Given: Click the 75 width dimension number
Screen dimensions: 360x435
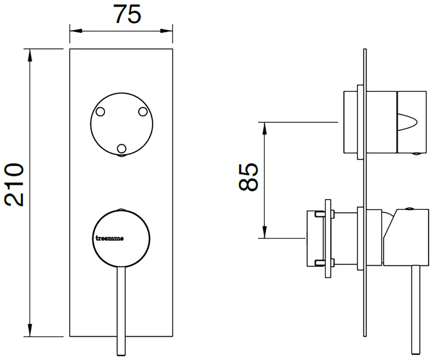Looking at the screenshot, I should point(128,14).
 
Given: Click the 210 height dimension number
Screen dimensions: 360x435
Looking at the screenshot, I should point(14,185).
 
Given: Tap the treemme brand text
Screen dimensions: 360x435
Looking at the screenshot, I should point(109,238).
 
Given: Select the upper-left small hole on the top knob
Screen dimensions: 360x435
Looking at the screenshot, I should point(100,112).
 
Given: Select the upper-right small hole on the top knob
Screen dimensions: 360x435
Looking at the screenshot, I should point(143,112).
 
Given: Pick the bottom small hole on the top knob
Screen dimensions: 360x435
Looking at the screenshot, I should point(122,149).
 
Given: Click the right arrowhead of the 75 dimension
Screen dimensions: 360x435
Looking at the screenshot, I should point(166,31).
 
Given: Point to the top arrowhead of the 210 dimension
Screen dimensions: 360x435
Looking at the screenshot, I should point(30,55).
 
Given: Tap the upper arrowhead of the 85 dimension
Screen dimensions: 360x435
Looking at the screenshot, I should point(264,128).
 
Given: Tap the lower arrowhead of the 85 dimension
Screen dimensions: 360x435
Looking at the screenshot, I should point(264,232).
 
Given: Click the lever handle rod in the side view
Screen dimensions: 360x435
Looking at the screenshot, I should point(416,310).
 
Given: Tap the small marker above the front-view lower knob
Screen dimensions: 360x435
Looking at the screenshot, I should point(121,209).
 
